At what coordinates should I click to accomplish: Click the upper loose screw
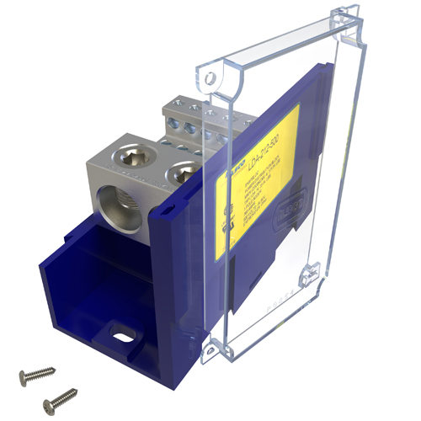click(38, 370)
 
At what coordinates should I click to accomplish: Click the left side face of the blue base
click(63, 278)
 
